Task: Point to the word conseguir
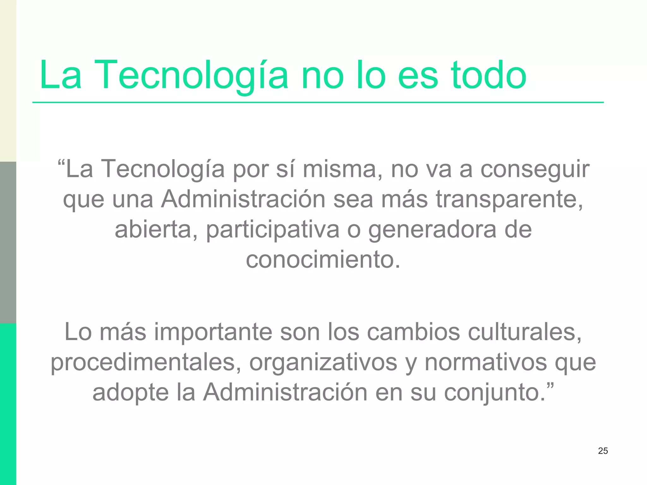pyautogui.click(x=535, y=169)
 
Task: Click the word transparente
pyautogui.click(x=509, y=200)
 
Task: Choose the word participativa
pyautogui.click(x=273, y=230)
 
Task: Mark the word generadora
pyautogui.click(x=432, y=230)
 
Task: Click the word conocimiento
pyautogui.click(x=323, y=260)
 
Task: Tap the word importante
pyautogui.click(x=213, y=332)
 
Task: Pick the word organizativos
pyautogui.click(x=323, y=362)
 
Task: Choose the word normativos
pyautogui.click(x=486, y=362)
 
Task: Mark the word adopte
pyautogui.click(x=130, y=392)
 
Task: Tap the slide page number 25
pyautogui.click(x=603, y=451)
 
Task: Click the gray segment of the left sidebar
pyautogui.click(x=8, y=242)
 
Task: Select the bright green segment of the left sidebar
pyautogui.click(x=8, y=404)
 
